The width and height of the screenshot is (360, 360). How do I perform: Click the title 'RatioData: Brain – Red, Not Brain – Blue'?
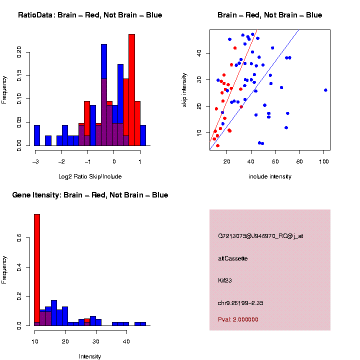click(x=90, y=15)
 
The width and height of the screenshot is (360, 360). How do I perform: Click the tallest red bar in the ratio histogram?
click(x=131, y=90)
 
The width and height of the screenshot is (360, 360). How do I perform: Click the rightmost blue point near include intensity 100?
click(x=325, y=90)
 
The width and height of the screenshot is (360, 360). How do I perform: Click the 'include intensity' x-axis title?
click(x=269, y=176)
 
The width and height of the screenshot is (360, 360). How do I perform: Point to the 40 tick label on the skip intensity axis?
click(x=198, y=53)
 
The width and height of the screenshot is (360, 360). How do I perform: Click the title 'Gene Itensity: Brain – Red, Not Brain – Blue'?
click(x=90, y=195)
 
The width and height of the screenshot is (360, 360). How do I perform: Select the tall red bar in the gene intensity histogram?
click(x=37, y=270)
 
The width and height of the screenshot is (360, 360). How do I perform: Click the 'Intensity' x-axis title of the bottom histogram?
click(x=90, y=356)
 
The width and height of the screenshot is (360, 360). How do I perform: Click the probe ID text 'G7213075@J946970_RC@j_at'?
click(x=260, y=236)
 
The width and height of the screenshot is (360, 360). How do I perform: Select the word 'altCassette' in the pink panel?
click(x=232, y=258)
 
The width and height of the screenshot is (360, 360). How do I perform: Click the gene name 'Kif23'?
click(x=224, y=280)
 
